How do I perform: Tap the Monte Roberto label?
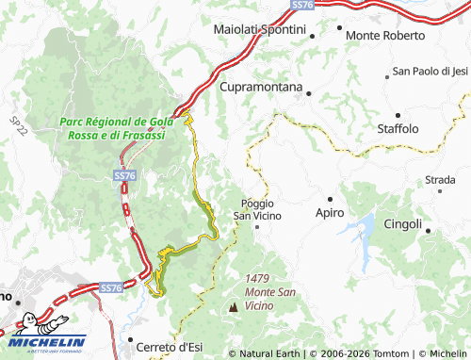385,36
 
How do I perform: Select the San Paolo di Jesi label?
430,71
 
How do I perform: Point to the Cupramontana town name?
261,88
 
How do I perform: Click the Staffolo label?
398,128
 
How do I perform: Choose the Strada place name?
440,179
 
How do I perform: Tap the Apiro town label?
330,214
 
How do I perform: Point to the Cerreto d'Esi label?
170,348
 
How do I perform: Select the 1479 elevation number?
258,278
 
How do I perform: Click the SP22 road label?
17,123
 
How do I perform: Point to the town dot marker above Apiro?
330,199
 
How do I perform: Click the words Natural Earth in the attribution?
267,353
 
